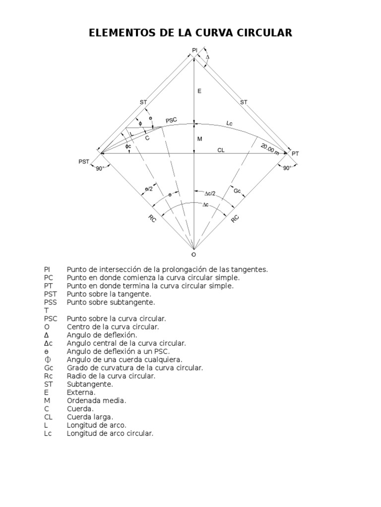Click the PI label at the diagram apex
tap(194, 50)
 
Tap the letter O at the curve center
tap(193, 254)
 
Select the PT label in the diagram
tap(295, 154)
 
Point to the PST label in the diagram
tap(84, 161)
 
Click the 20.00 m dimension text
tap(270, 149)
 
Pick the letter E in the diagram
tap(199, 91)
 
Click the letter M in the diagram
tap(199, 139)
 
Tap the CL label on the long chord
tap(221, 150)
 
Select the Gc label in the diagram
tap(237, 190)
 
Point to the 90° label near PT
tap(287, 168)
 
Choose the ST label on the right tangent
tap(244, 102)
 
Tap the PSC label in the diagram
tap(171, 120)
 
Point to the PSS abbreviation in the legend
tap(51, 302)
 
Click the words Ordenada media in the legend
tap(96, 401)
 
